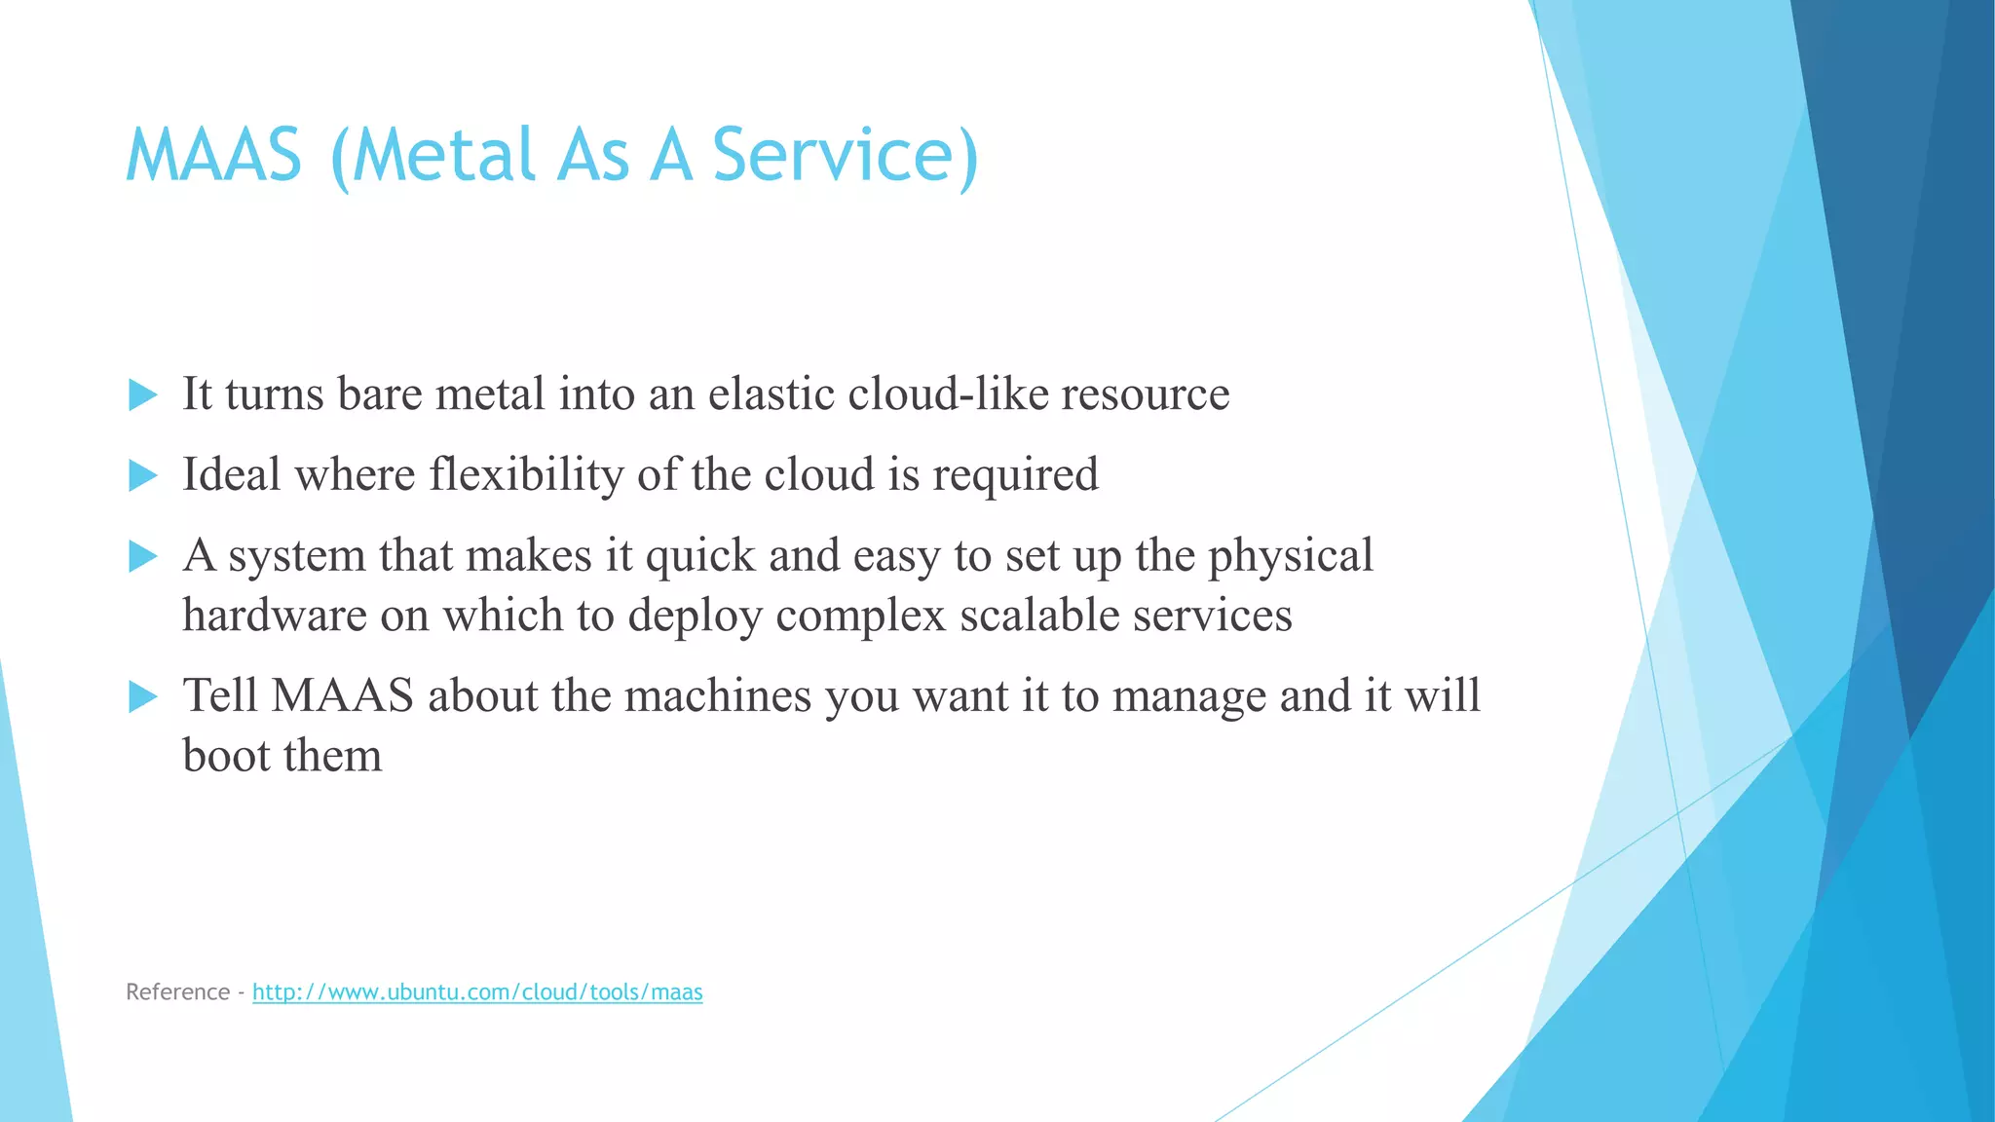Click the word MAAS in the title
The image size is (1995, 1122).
[x=214, y=156]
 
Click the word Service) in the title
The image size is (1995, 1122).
[x=845, y=156]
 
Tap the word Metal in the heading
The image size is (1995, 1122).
[x=443, y=156]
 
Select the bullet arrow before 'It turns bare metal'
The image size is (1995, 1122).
[x=143, y=395]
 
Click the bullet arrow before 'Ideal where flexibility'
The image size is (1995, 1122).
[x=143, y=476]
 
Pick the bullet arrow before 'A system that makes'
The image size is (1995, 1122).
[x=143, y=557]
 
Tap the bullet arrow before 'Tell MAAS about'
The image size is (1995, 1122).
[x=143, y=697]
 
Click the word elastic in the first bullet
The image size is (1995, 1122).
[x=771, y=394]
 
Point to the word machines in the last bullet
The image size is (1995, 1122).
[x=718, y=696]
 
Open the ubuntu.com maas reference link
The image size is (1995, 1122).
[x=477, y=992]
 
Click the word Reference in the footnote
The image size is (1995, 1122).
[x=177, y=992]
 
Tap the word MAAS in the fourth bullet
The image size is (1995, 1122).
[x=342, y=696]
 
